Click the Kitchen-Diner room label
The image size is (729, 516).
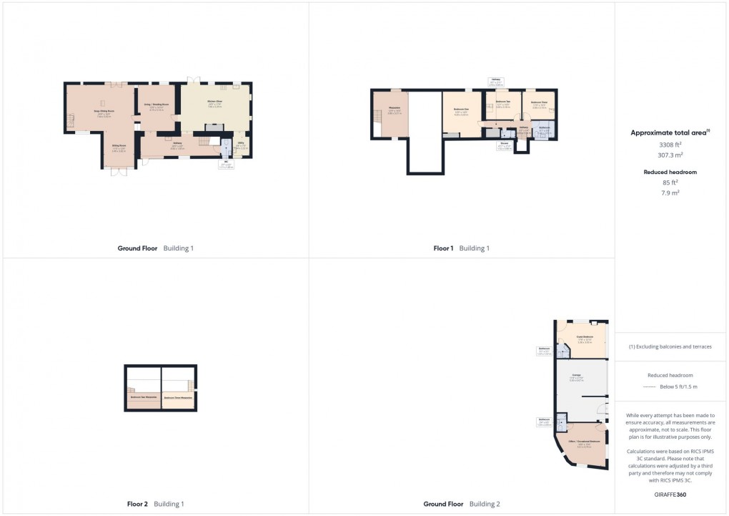point(215,102)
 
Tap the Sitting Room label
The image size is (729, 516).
point(119,149)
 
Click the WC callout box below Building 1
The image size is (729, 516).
point(226,165)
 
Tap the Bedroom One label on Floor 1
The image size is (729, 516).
point(461,111)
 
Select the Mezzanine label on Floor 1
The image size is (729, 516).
point(394,111)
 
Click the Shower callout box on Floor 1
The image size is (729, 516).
point(503,146)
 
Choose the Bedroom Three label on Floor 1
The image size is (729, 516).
point(540,103)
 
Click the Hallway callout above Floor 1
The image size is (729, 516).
point(495,81)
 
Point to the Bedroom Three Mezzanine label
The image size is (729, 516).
point(178,398)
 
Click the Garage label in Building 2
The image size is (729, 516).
point(575,376)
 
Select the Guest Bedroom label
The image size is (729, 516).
point(585,339)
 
